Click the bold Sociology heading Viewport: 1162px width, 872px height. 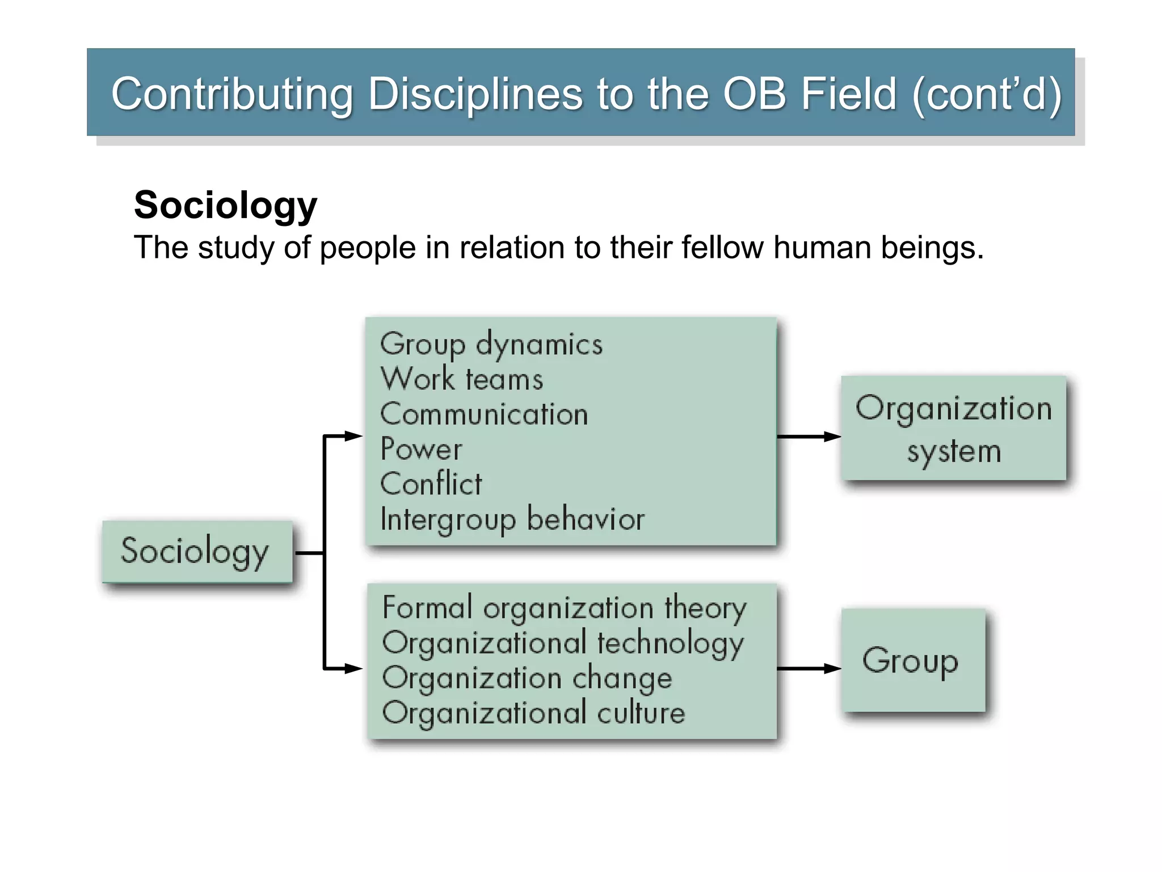[225, 205]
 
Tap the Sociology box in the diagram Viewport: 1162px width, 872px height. [197, 551]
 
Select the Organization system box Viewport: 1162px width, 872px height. [953, 428]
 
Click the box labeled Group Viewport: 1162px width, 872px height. [913, 660]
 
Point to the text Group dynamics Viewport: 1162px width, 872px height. [491, 345]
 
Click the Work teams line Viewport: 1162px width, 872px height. [461, 379]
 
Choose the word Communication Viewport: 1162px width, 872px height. [484, 414]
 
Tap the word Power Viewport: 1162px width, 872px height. [421, 449]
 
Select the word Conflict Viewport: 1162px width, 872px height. [431, 484]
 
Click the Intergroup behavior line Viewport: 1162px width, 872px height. [512, 519]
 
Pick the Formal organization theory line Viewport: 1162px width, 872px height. [564, 608]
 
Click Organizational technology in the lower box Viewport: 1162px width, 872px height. [563, 643]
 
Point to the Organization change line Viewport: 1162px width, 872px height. [527, 678]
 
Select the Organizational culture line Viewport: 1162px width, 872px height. [533, 713]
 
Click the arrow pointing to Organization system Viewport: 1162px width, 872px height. [809, 437]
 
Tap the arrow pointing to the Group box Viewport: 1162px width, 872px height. [809, 668]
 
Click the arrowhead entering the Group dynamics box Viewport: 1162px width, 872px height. [354, 436]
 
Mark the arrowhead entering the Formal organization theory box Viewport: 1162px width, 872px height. [354, 668]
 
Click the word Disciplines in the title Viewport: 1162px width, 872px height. [475, 94]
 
